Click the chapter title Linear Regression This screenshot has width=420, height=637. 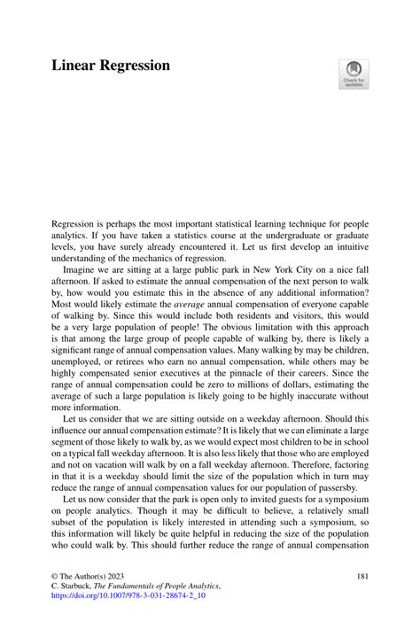111,66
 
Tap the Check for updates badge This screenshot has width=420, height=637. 354,74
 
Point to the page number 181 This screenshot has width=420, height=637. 361,576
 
